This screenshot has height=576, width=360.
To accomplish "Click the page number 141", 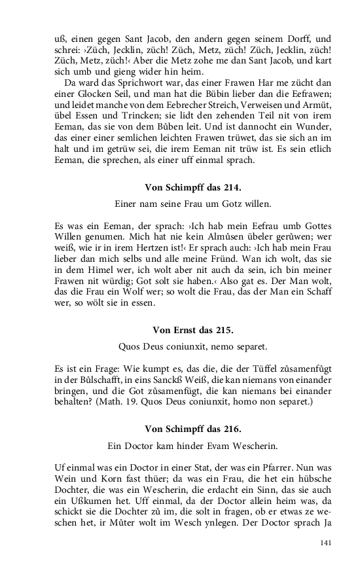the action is pyautogui.click(x=327, y=543).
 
